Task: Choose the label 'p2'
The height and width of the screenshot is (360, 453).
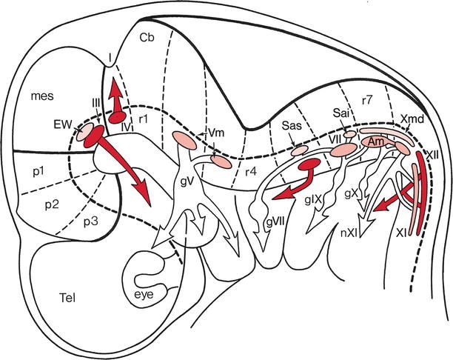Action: click(52, 203)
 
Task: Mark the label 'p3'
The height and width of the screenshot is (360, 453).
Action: click(90, 221)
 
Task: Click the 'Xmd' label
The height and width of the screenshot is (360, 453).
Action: click(411, 119)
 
